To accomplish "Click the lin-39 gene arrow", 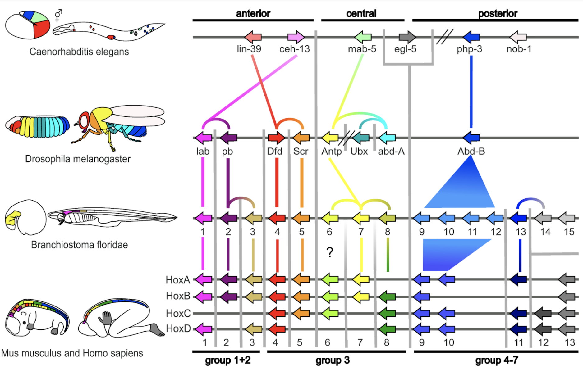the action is point(253,37).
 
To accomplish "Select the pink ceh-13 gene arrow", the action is point(296,37).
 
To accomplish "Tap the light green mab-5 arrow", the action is point(363,37).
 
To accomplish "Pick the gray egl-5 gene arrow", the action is point(407,37).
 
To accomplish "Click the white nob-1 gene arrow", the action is point(518,37).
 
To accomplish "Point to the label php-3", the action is point(469,49).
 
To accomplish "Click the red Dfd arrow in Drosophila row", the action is point(277,138).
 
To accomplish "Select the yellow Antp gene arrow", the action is point(330,138).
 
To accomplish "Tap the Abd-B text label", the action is point(471,151).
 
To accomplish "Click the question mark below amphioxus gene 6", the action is point(330,252).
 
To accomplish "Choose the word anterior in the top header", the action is point(253,13).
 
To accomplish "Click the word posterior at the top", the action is point(498,13).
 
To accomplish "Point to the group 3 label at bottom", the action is point(333,360).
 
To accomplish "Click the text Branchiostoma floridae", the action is point(79,245).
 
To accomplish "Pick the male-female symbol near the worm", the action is point(58,15).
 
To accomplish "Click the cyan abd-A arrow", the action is point(387,138).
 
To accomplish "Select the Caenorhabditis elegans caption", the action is point(79,52).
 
